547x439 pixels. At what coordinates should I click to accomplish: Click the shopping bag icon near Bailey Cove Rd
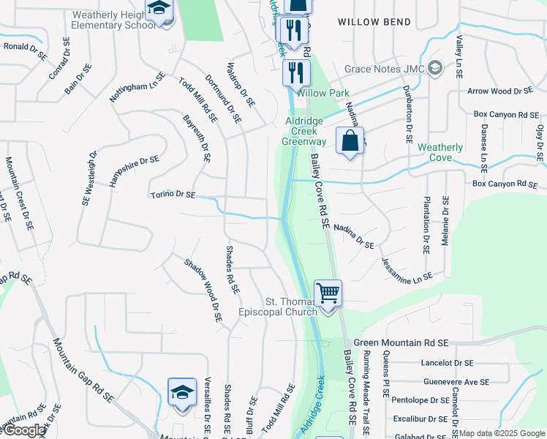tap(350, 140)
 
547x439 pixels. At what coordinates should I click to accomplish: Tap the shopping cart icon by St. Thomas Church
tap(328, 293)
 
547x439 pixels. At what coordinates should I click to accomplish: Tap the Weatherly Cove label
tap(440, 152)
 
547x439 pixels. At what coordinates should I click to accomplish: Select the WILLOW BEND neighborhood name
tap(374, 23)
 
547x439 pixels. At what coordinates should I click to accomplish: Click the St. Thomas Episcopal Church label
tap(291, 307)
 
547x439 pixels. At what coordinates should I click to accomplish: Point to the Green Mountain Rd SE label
tap(411, 342)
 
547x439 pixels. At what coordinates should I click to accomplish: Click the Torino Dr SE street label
tap(173, 195)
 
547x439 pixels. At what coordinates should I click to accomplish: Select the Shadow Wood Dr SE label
tap(203, 290)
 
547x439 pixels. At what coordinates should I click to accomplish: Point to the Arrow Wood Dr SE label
tap(501, 91)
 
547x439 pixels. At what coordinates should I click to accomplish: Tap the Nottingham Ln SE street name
tap(137, 87)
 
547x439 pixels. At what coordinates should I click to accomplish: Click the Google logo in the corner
tap(24, 430)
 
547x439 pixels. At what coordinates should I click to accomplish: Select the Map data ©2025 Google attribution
tap(502, 434)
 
